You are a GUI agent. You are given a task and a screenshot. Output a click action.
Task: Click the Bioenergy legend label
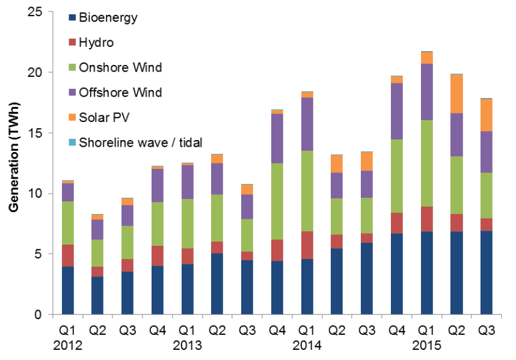111,17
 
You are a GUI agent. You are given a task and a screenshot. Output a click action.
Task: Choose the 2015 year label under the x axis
427,347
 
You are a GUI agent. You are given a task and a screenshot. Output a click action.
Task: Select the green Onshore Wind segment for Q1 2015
427,163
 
